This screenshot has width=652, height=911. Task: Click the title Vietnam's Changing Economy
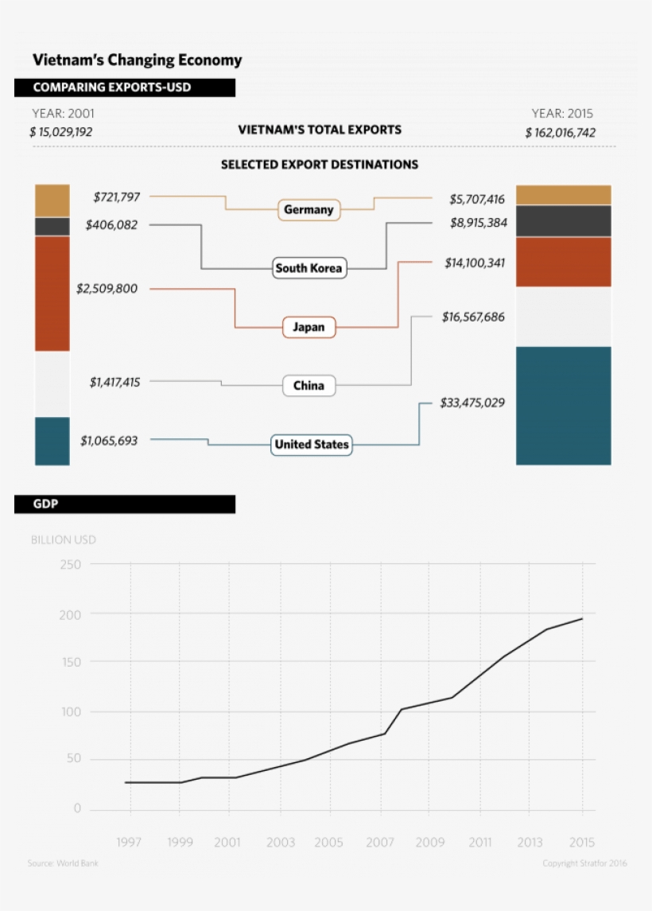click(137, 60)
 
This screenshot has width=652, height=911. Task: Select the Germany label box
click(309, 210)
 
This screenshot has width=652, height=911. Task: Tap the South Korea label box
click(309, 268)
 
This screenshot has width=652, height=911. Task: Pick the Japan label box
click(309, 327)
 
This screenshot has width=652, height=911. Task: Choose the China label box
click(309, 386)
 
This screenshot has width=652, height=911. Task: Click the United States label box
click(311, 445)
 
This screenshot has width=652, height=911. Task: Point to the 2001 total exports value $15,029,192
click(61, 132)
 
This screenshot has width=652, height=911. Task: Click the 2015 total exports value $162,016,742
click(560, 133)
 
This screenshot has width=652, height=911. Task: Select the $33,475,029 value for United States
click(472, 403)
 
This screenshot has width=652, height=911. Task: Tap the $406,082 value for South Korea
click(111, 225)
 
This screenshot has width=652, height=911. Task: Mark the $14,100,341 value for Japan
click(475, 263)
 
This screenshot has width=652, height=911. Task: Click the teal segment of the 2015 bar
click(563, 405)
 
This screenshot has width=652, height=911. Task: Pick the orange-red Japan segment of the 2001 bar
click(52, 293)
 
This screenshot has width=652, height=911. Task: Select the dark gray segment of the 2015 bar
click(563, 221)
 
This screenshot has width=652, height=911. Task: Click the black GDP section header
click(124, 504)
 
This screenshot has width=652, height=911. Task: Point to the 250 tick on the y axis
click(70, 564)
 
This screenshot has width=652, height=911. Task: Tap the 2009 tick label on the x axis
click(430, 842)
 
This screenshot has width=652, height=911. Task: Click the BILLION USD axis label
click(64, 539)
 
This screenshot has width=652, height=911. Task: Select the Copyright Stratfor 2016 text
click(585, 863)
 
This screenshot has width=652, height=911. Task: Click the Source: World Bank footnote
click(64, 863)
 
